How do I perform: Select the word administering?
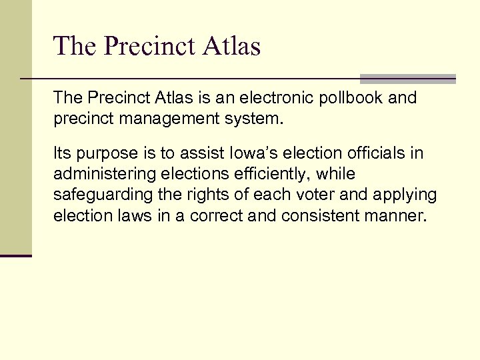tap(99, 175)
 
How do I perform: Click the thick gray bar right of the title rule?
tap(407, 79)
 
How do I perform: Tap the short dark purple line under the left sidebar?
tap(15, 256)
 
